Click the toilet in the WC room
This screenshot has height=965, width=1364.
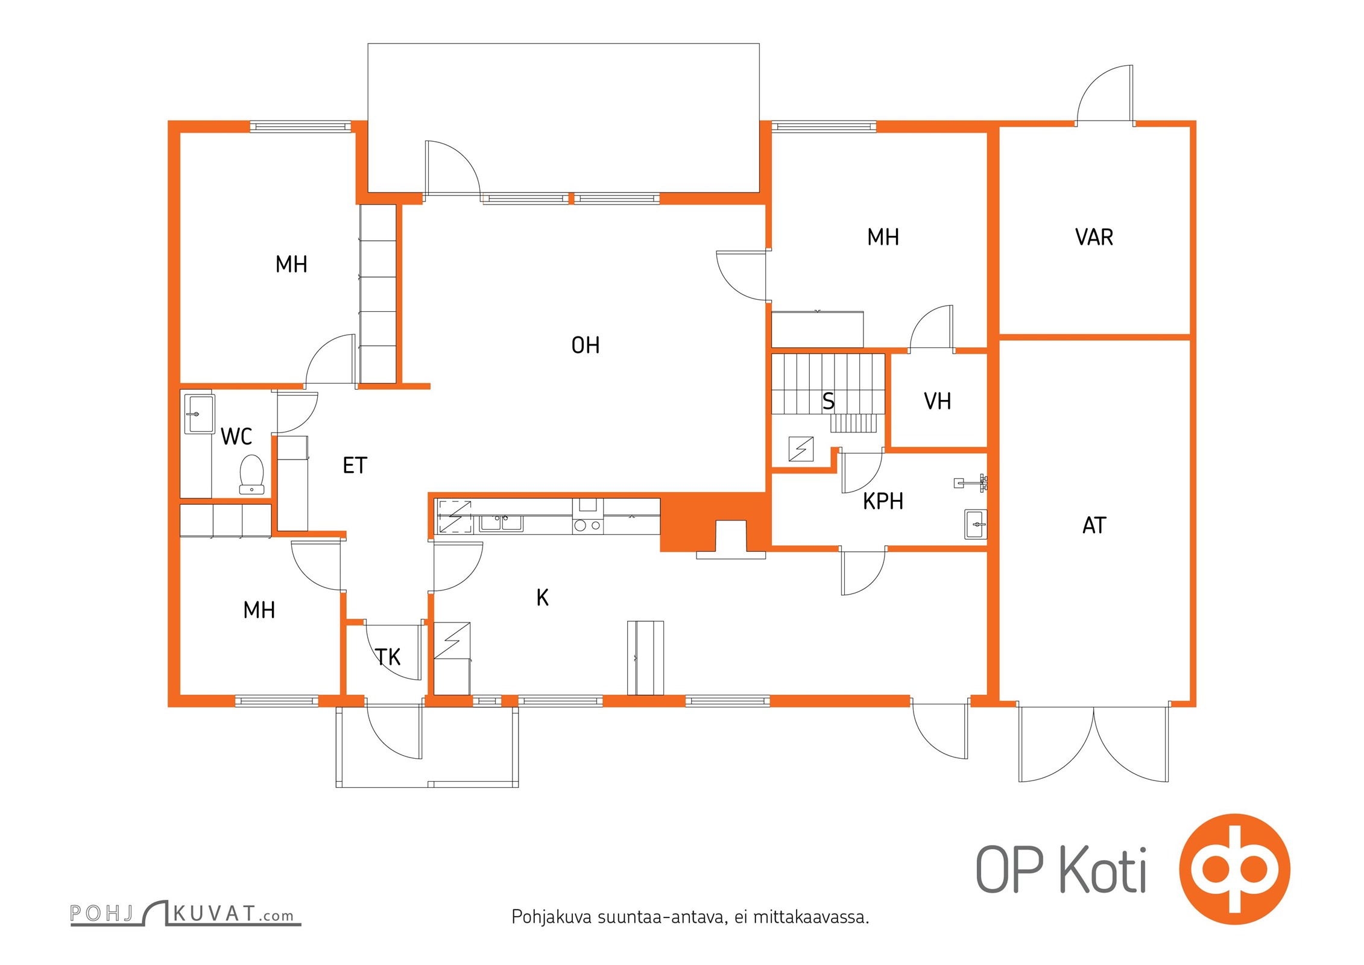click(251, 475)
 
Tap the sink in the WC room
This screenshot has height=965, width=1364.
click(199, 414)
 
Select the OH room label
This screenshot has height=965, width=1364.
click(585, 346)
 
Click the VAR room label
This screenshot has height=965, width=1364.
click(1094, 237)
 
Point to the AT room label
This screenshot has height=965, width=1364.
click(1094, 525)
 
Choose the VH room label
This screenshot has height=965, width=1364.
click(937, 401)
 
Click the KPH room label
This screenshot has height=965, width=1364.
click(883, 501)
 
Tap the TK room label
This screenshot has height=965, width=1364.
click(388, 657)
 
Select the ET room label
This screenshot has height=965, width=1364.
click(355, 466)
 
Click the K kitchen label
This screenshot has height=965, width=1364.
click(542, 598)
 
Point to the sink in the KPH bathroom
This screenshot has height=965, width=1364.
click(975, 524)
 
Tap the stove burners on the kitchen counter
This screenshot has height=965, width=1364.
click(588, 525)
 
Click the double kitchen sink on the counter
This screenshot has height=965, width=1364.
click(501, 522)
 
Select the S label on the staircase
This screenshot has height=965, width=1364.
click(829, 401)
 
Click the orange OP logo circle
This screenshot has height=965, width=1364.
click(1235, 869)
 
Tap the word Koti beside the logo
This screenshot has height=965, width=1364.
click(1103, 870)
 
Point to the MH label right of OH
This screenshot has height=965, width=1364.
click(883, 237)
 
